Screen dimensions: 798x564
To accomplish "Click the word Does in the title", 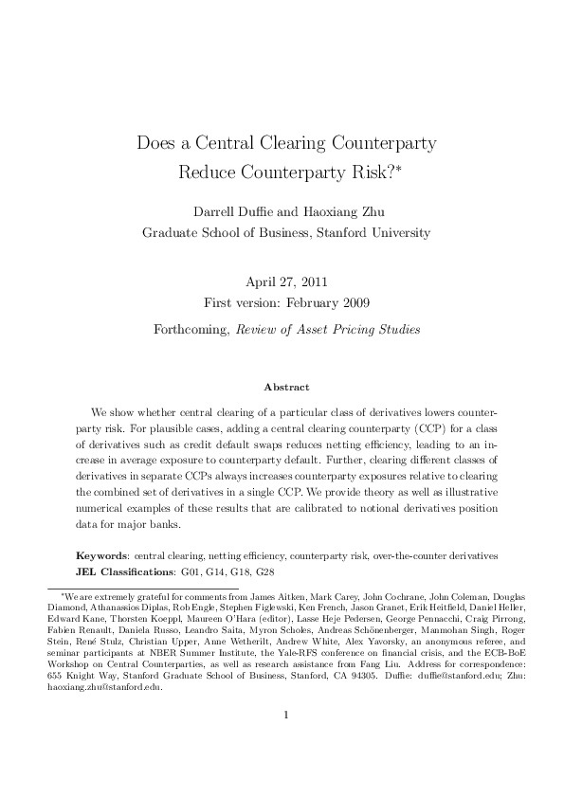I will point(156,145).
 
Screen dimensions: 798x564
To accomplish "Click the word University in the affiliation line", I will point(397,232).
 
